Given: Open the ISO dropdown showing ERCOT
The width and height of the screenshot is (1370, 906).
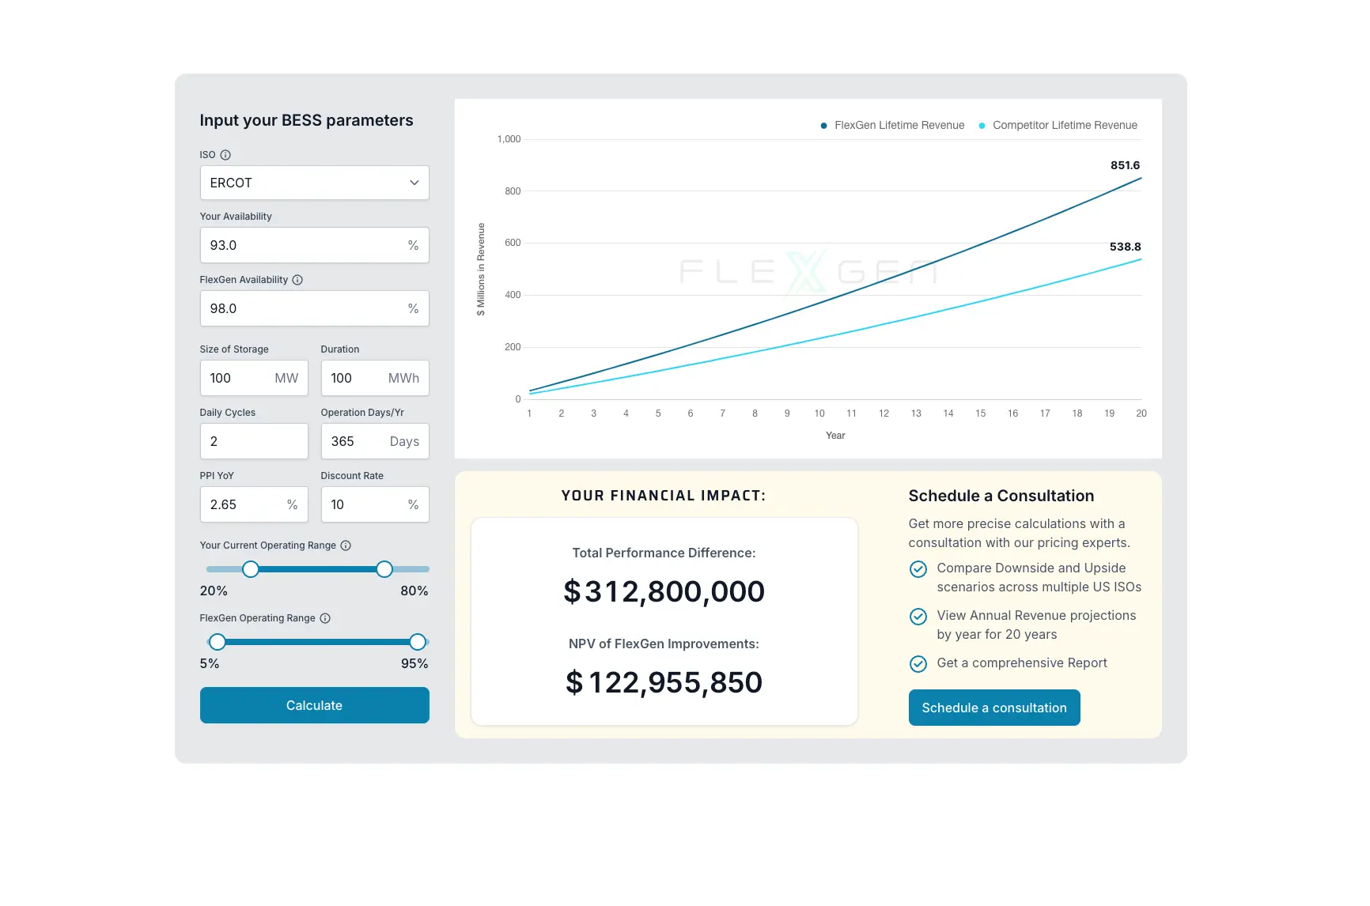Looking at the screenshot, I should pyautogui.click(x=314, y=183).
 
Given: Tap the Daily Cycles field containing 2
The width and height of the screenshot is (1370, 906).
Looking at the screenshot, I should pyautogui.click(x=253, y=441).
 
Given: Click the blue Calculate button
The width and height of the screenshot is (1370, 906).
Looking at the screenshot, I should pyautogui.click(x=314, y=705).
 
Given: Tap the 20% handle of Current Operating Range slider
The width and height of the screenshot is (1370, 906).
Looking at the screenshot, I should pyautogui.click(x=251, y=569).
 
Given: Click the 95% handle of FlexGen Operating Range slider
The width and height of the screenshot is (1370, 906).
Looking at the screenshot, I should pyautogui.click(x=418, y=642).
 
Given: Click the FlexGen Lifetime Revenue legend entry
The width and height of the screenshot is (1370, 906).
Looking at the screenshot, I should pyautogui.click(x=893, y=125).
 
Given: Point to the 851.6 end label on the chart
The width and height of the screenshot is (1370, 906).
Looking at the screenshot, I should pyautogui.click(x=1125, y=165).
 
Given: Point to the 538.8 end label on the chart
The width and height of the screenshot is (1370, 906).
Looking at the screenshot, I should pyautogui.click(x=1125, y=247).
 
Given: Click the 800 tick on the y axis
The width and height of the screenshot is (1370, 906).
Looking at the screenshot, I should pyautogui.click(x=513, y=191).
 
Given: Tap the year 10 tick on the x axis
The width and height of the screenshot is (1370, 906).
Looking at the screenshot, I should pyautogui.click(x=819, y=413).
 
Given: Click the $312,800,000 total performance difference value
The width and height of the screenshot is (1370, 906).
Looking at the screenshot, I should pyautogui.click(x=664, y=591).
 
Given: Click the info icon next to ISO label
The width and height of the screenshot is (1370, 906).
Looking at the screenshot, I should pyautogui.click(x=225, y=155).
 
